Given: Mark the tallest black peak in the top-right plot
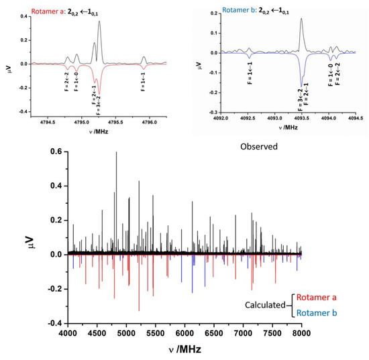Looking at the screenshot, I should [x=301, y=19].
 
